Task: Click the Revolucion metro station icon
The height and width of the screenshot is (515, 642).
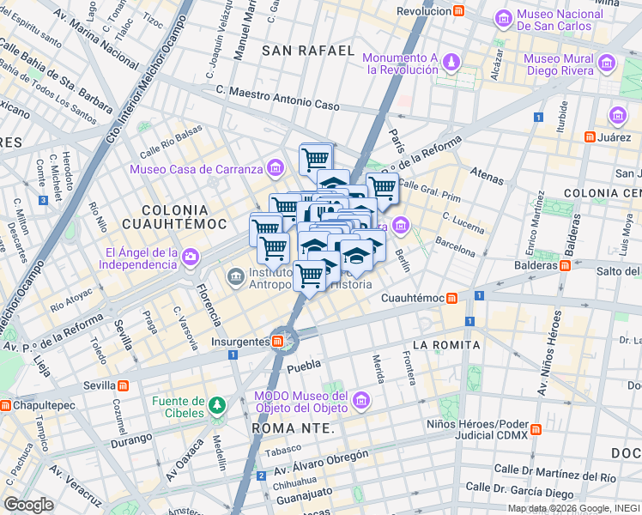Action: (460, 11)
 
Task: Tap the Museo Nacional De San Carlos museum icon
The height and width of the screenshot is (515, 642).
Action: (503, 17)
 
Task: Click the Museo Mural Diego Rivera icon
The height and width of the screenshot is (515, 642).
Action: (608, 63)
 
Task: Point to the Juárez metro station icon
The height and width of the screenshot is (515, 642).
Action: (590, 136)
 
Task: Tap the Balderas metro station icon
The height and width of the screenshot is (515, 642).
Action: (565, 265)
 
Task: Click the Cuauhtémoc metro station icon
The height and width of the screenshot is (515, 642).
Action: (451, 298)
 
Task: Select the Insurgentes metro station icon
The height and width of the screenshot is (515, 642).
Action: (278, 342)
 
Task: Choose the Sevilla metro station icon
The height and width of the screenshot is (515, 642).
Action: (124, 385)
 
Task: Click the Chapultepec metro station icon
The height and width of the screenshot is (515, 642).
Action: (6, 405)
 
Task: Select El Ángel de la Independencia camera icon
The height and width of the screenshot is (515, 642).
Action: (190, 256)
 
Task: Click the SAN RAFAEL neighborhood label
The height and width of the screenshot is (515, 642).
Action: (308, 51)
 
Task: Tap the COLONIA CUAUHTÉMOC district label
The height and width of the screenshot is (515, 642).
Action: (175, 216)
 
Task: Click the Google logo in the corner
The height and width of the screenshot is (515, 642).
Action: (28, 505)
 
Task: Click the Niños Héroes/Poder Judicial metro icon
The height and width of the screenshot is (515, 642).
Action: (536, 428)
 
